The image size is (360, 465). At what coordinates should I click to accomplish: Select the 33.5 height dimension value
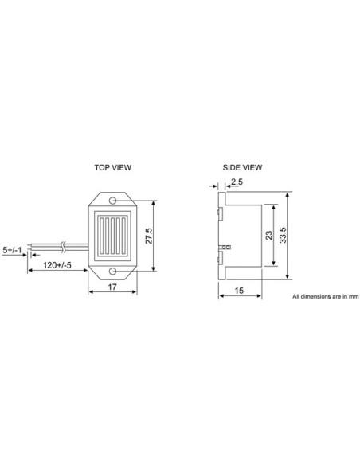tap(295, 236)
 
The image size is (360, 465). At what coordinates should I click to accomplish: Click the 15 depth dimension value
tap(240, 291)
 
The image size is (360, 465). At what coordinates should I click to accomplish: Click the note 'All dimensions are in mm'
tap(326, 296)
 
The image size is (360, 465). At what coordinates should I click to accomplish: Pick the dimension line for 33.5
tap(287, 236)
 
